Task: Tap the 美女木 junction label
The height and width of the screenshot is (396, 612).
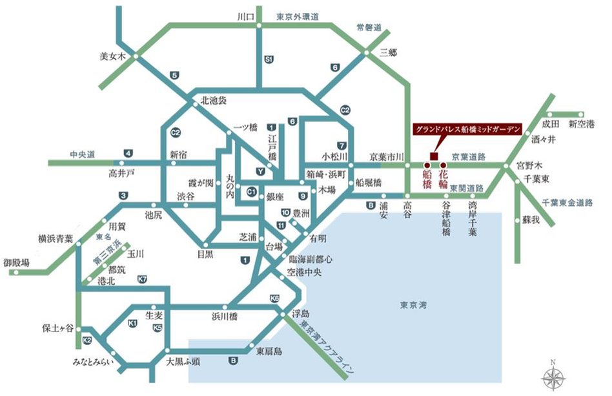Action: [116, 56]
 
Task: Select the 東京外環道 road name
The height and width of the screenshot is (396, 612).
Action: [298, 17]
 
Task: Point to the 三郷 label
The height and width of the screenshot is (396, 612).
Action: [388, 52]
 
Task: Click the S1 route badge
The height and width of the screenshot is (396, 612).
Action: [269, 59]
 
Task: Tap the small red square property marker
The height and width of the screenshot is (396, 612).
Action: [433, 156]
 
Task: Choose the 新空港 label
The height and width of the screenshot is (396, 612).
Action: [580, 124]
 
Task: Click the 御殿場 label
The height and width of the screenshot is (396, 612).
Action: [16, 262]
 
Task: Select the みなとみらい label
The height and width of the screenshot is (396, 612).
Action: [93, 364]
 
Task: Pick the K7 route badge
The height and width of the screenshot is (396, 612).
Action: [143, 279]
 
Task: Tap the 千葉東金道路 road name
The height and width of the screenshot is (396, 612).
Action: [567, 202]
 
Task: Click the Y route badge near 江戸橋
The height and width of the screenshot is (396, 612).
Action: [260, 172]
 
